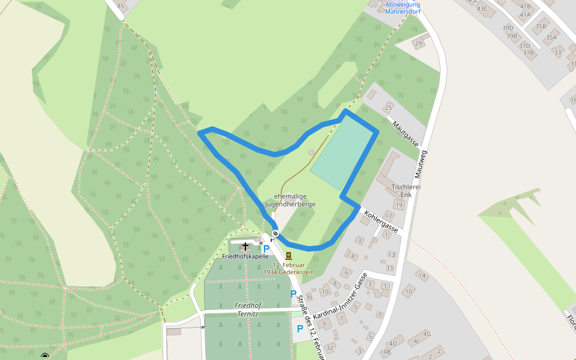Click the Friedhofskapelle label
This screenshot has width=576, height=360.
click(x=245, y=256)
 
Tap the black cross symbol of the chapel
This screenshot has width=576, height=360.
click(x=245, y=246)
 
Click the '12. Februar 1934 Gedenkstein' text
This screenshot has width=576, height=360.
click(x=293, y=268)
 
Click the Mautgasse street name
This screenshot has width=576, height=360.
click(x=406, y=134)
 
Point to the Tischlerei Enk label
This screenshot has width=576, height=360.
click(x=403, y=190)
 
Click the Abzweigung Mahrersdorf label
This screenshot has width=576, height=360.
click(x=403, y=7)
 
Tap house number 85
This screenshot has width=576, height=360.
click(x=122, y=6)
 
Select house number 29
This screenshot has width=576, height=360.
click(x=418, y=43)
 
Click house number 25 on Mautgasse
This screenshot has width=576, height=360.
click(x=388, y=108)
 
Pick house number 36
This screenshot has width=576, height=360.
click(x=309, y=296)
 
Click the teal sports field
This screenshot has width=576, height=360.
click(x=344, y=151)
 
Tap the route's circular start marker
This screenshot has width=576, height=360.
click(x=275, y=233)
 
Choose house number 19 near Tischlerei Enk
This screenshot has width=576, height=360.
click(x=398, y=205)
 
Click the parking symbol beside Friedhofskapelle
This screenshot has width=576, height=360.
click(x=266, y=248)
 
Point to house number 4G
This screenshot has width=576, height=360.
click(x=427, y=334)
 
